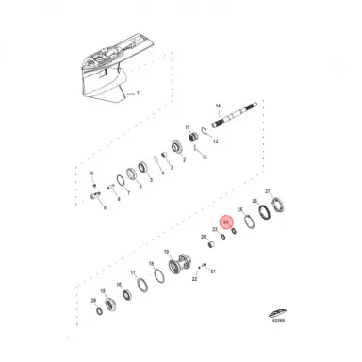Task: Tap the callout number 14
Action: click(x=218, y=106)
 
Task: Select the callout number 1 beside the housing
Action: click(x=138, y=93)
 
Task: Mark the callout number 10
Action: click(x=91, y=173)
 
